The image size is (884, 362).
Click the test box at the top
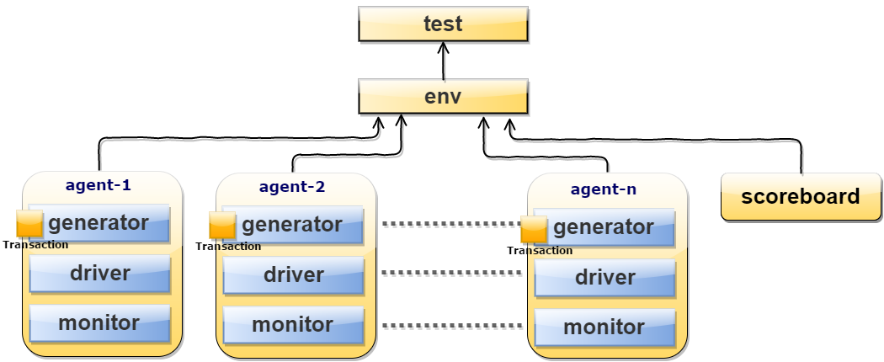[x=443, y=24]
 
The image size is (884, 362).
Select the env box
[x=443, y=96]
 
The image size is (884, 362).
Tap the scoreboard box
[x=800, y=197]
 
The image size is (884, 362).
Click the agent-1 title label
[x=99, y=185]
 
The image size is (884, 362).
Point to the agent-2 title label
[x=292, y=187]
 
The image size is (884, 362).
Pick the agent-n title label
[x=604, y=189]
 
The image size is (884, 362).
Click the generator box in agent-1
[x=99, y=223]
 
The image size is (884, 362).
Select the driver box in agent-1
[x=99, y=274]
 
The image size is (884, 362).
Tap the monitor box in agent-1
[x=99, y=323]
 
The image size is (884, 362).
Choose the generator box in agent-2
[x=293, y=225]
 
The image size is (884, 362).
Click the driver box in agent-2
[x=293, y=275]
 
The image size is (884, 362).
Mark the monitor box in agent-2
[x=293, y=325]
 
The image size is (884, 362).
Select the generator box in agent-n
[x=604, y=227]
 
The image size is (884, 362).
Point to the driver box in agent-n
[x=604, y=278]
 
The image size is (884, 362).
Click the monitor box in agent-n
[x=604, y=327]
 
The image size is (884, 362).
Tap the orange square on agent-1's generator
[x=30, y=224]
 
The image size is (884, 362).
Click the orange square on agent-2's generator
[x=222, y=226]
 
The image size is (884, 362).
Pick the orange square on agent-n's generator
[x=534, y=229]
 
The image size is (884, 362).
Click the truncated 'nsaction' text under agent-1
[x=45, y=245]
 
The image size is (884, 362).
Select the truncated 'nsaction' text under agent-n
[x=550, y=251]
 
